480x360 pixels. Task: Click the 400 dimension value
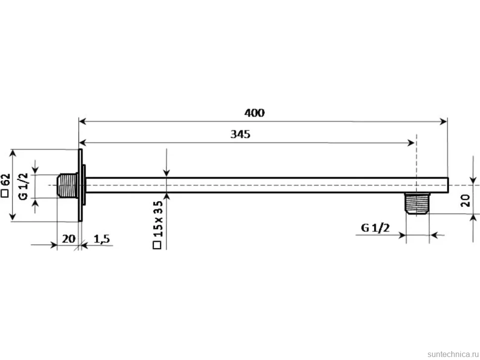click(x=254, y=113)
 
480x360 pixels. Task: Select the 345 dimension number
click(x=240, y=134)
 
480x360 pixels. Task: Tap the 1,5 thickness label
click(x=101, y=238)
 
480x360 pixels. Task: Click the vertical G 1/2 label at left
click(x=23, y=186)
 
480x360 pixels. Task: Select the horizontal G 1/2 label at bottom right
click(x=375, y=228)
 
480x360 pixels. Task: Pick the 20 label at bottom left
click(x=69, y=238)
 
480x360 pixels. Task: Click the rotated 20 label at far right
click(x=465, y=201)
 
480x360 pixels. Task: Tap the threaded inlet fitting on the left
click(x=67, y=185)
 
